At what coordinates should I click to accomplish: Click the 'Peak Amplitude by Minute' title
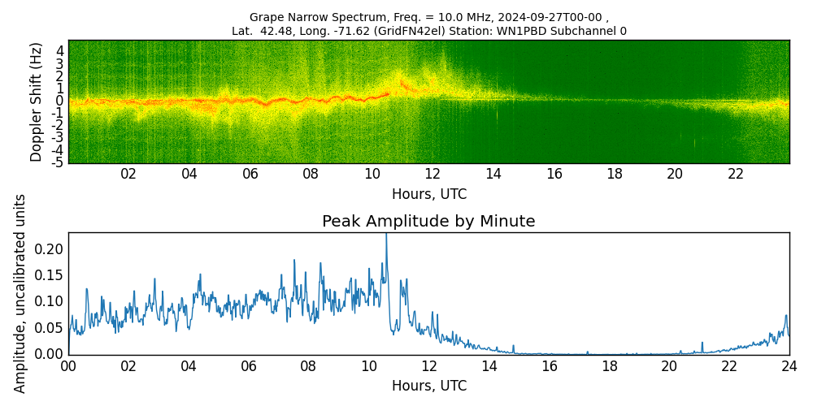428,222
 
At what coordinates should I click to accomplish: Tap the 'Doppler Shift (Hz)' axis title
37,101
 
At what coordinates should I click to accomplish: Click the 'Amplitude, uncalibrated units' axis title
20,293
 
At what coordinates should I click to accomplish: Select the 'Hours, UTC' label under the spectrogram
428,195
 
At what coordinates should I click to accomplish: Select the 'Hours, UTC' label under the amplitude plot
428,387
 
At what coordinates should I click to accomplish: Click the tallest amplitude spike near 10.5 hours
386,236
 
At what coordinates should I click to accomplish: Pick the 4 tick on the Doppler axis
59,50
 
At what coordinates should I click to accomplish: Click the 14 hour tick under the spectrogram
493,174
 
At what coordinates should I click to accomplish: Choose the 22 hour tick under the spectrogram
736,174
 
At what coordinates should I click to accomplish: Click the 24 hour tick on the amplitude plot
789,366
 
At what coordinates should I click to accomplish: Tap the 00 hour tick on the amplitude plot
68,366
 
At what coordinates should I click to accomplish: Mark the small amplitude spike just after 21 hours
702,343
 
